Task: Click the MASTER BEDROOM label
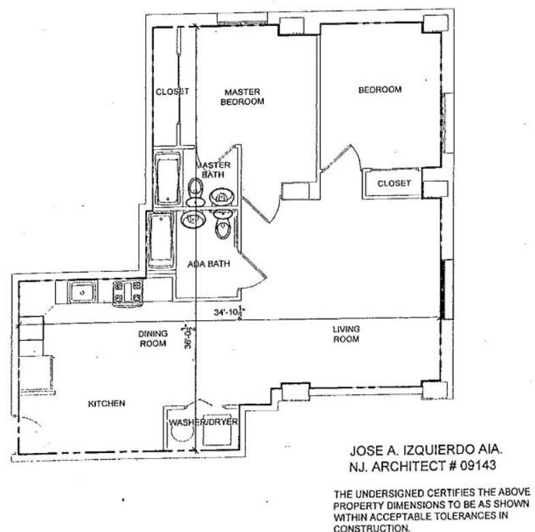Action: click(x=242, y=97)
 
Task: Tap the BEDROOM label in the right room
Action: click(x=380, y=90)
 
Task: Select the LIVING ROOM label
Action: click(x=346, y=334)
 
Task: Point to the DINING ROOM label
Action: click(x=153, y=339)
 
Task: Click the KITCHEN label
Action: click(x=106, y=404)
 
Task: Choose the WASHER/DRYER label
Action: click(x=203, y=422)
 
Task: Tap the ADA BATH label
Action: click(x=209, y=264)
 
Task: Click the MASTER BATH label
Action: click(x=213, y=170)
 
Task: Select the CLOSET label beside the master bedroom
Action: click(x=172, y=91)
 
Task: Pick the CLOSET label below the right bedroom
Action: click(x=394, y=183)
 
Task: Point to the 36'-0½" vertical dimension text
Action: click(x=188, y=337)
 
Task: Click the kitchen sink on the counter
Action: click(x=82, y=292)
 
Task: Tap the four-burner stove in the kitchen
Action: click(x=127, y=293)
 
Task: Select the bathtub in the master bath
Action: click(x=168, y=179)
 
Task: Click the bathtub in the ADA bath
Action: click(x=161, y=240)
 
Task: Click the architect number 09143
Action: click(x=478, y=466)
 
